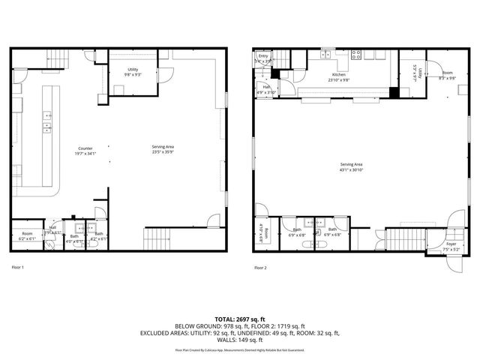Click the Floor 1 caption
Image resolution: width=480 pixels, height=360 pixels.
(x=17, y=267)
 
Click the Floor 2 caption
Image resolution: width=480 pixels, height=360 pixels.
(x=260, y=267)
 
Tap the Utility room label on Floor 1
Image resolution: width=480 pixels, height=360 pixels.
(x=132, y=70)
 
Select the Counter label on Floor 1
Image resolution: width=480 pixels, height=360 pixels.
(x=84, y=148)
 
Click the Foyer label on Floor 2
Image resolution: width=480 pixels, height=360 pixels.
(x=451, y=244)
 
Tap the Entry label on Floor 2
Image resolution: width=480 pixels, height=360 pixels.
(x=263, y=56)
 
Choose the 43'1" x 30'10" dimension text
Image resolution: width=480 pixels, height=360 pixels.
(x=351, y=169)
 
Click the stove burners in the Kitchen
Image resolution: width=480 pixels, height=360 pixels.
(x=358, y=54)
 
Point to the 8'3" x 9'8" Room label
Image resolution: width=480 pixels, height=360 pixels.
(x=446, y=75)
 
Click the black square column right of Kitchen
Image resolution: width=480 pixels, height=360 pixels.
(x=394, y=94)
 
